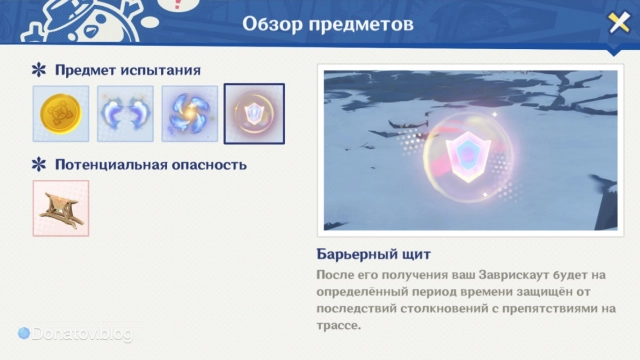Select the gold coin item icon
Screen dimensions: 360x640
(61, 114)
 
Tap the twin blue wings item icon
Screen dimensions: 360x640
(125, 114)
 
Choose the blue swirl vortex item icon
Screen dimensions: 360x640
(189, 114)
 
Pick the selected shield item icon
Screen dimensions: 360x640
(254, 114)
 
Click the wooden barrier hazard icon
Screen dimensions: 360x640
(61, 208)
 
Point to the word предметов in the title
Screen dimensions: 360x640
(363, 23)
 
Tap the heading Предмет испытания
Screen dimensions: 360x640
(127, 70)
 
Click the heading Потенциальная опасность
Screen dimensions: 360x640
(150, 164)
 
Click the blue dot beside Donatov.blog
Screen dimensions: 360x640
(24, 333)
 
